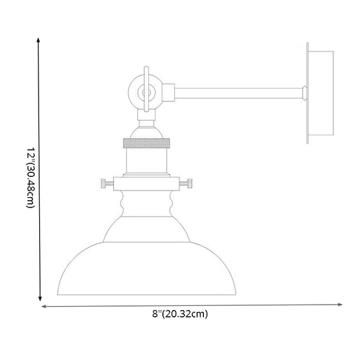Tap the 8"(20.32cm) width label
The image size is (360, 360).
click(x=180, y=314)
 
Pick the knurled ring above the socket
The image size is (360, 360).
click(x=146, y=144)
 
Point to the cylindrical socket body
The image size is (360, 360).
click(x=146, y=161)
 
